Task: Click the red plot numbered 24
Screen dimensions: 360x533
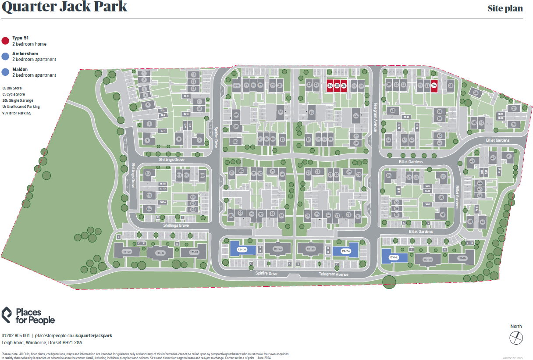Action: click(x=330, y=86)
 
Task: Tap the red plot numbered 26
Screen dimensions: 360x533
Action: click(x=344, y=86)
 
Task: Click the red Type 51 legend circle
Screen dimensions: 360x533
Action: click(x=5, y=41)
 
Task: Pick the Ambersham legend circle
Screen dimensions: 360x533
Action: click(x=5, y=56)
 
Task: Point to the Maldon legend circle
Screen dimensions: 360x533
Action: click(x=5, y=72)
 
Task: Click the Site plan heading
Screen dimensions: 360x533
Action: click(x=505, y=9)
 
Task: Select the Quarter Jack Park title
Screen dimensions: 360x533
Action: click(x=65, y=7)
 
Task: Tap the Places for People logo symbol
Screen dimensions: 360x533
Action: click(x=7, y=315)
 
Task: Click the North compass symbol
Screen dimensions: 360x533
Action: click(x=516, y=338)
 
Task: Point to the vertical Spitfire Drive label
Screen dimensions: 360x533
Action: click(x=216, y=137)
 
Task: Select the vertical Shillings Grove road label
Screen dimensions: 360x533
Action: click(x=133, y=176)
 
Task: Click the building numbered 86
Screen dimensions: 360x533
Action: click(x=281, y=112)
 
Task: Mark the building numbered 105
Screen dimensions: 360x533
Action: click(x=236, y=115)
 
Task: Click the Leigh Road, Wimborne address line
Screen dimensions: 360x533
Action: click(x=42, y=342)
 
